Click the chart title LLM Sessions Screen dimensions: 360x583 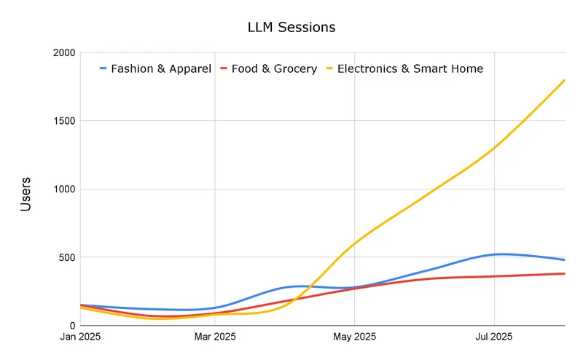pyautogui.click(x=291, y=27)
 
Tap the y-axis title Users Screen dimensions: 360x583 pyautogui.click(x=26, y=194)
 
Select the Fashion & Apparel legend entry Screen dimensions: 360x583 pyautogui.click(x=161, y=69)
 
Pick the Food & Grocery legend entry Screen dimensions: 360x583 pyautogui.click(x=274, y=69)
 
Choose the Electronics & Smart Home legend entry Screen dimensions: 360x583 pyautogui.click(x=410, y=69)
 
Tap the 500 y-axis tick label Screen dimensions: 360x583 pyautogui.click(x=65, y=257)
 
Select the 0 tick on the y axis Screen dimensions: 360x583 pyautogui.click(x=71, y=326)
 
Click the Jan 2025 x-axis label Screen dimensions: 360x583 pyautogui.click(x=80, y=337)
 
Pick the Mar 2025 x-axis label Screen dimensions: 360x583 pyautogui.click(x=215, y=337)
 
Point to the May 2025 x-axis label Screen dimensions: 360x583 pyautogui.click(x=355, y=337)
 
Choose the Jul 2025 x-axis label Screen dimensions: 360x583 pyautogui.click(x=494, y=337)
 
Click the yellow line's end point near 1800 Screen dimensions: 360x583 pyautogui.click(x=565, y=80)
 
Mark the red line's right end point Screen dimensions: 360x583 pyautogui.click(x=565, y=274)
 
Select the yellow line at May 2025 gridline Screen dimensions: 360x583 pyautogui.click(x=355, y=243)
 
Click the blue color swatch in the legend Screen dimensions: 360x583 pyautogui.click(x=103, y=69)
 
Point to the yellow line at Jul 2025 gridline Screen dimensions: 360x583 pyautogui.click(x=495, y=147)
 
